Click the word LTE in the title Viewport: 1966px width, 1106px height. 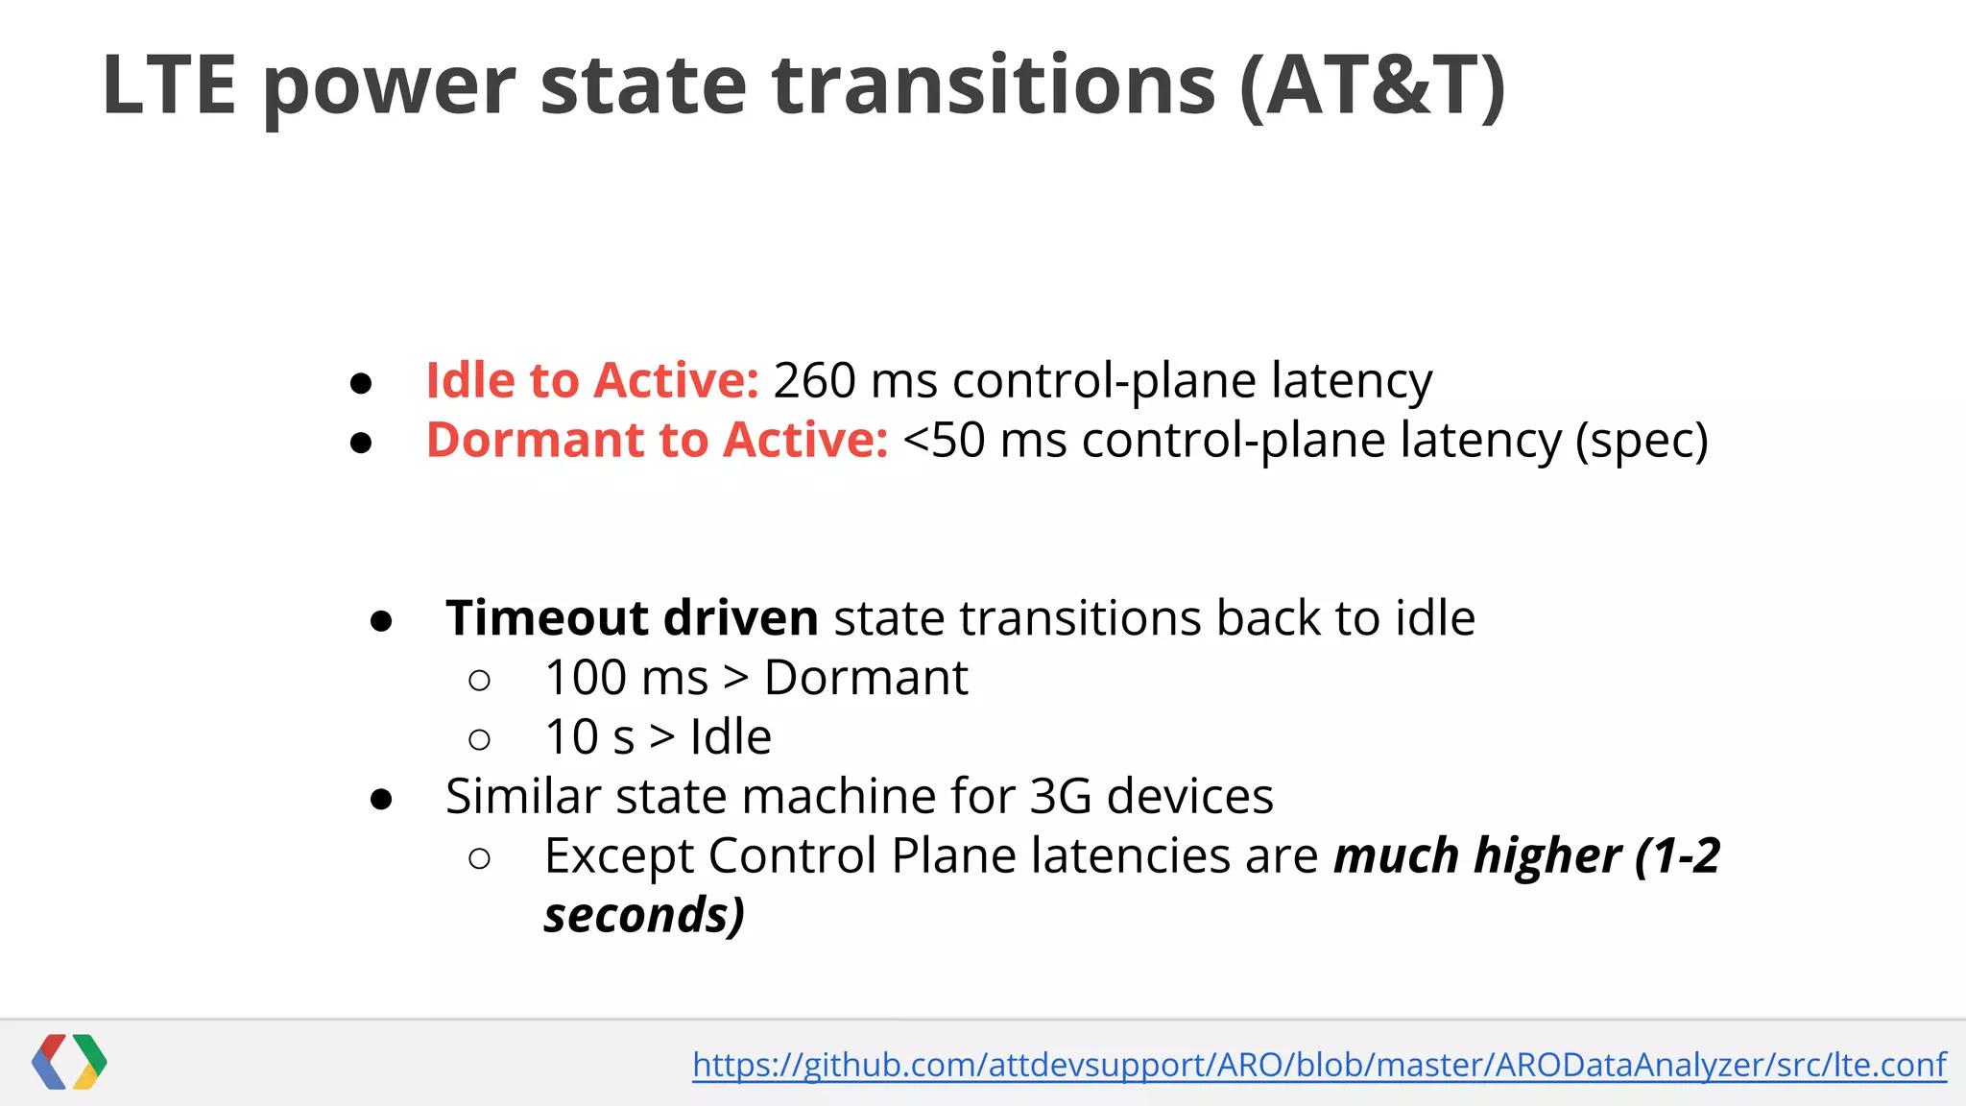point(169,86)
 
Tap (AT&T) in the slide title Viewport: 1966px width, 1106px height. point(1373,86)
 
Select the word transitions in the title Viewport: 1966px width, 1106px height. point(994,86)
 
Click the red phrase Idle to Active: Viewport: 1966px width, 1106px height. point(592,380)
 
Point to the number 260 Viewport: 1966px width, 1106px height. point(814,380)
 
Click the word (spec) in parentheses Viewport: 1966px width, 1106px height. point(1642,442)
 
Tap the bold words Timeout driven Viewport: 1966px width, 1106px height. point(632,617)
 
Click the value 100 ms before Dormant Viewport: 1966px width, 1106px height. point(626,678)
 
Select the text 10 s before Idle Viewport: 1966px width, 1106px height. point(589,737)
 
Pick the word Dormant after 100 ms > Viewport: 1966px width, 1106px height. point(866,678)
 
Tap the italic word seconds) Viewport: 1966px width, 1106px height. point(644,915)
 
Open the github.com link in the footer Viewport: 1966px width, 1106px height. point(1319,1065)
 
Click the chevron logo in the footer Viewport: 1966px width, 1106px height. point(69,1062)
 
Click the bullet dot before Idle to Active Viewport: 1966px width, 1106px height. point(361,383)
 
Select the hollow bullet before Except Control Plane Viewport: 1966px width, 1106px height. point(480,857)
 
